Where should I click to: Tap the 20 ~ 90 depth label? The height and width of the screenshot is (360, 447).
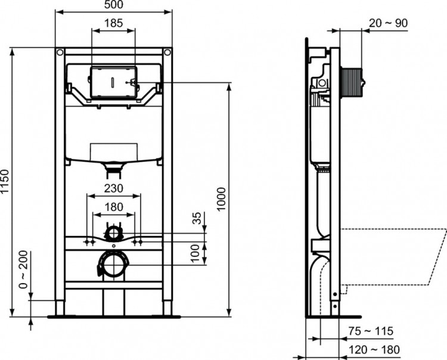[389, 23]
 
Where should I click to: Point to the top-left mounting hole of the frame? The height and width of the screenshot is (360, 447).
[59, 53]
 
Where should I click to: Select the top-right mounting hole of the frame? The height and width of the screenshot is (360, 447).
[167, 53]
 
